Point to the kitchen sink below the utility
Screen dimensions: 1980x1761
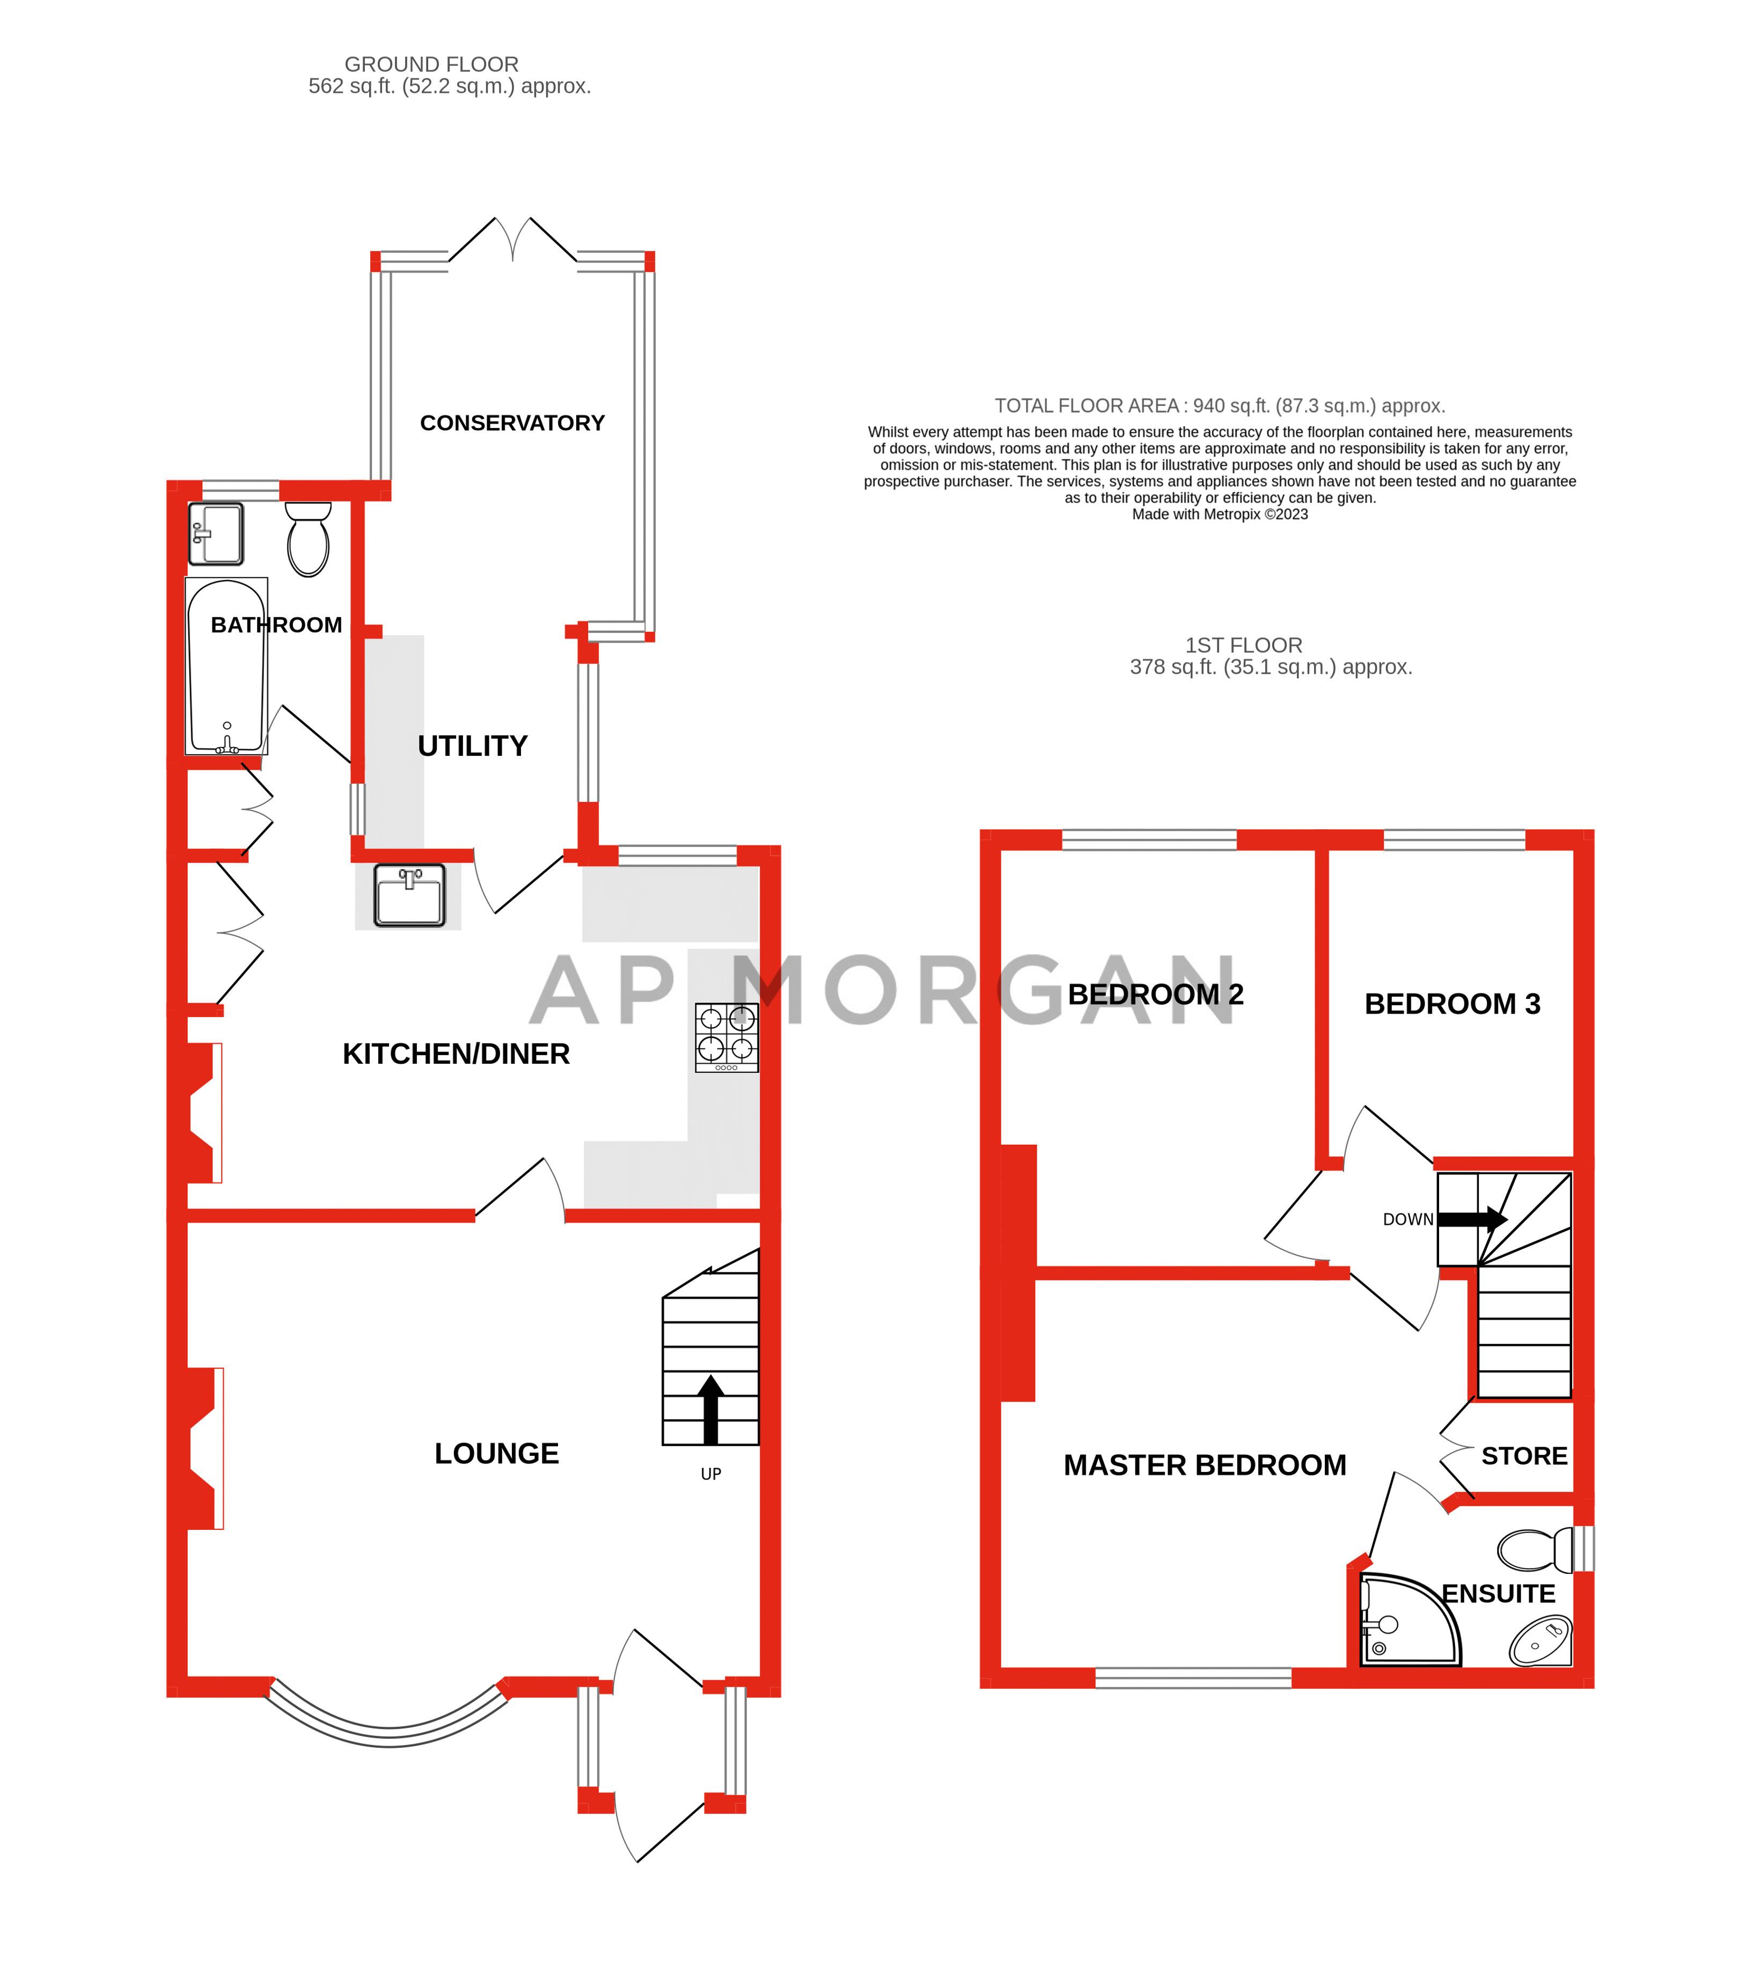click(x=410, y=896)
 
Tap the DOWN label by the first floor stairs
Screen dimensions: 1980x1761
click(x=1407, y=1219)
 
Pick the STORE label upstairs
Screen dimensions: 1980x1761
click(x=1524, y=1456)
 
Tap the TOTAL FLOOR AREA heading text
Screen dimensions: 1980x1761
click(x=1220, y=406)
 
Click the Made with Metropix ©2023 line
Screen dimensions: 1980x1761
click(x=1220, y=514)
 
